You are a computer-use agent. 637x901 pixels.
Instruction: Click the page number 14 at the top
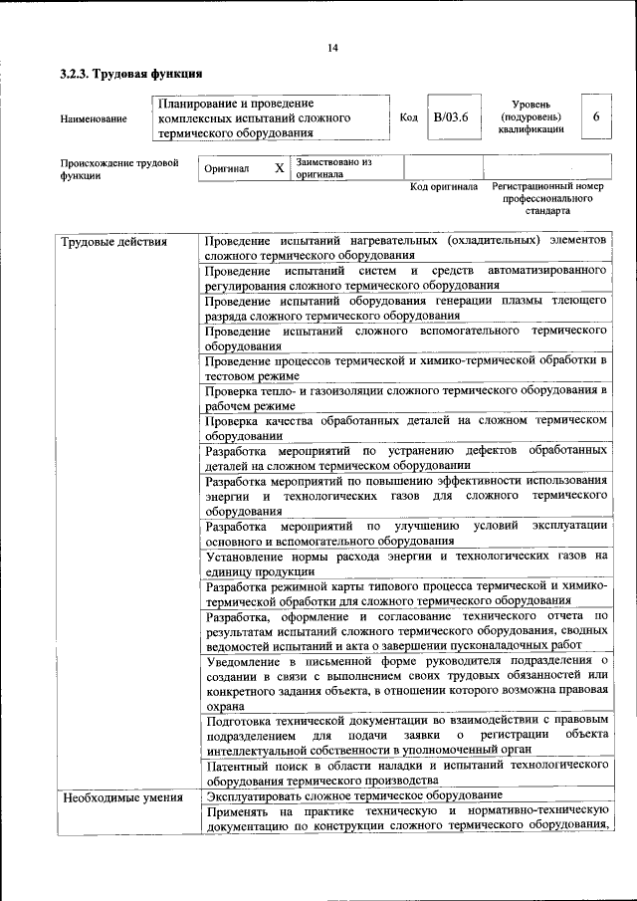point(332,49)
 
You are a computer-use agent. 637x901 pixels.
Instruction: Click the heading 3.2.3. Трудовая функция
point(131,74)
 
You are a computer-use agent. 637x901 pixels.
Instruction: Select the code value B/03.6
point(443,117)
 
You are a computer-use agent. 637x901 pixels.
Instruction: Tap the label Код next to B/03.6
point(408,117)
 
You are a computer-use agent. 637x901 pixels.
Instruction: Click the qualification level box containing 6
point(595,117)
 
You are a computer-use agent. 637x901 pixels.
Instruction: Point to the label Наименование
point(94,119)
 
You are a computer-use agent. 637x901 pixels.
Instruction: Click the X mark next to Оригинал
point(279,168)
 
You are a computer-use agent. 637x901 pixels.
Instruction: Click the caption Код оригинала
point(444,187)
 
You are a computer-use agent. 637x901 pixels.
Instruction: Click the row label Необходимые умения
point(121,797)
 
